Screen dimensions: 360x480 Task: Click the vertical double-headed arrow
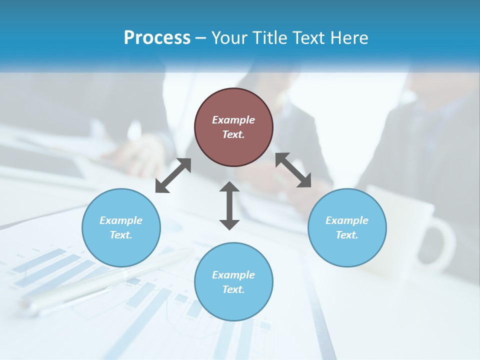click(229, 205)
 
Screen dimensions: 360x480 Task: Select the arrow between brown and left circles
click(173, 175)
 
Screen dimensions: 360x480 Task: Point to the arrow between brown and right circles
click(293, 170)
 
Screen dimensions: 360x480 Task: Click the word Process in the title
click(157, 37)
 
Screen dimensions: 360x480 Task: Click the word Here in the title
click(349, 37)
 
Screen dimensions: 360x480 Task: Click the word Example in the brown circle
click(233, 120)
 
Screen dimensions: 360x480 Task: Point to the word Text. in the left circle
click(121, 235)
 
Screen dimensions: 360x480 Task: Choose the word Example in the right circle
click(347, 220)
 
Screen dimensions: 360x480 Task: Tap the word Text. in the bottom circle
click(233, 289)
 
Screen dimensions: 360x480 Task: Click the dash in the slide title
click(201, 38)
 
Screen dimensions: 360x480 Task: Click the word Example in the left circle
click(121, 220)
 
